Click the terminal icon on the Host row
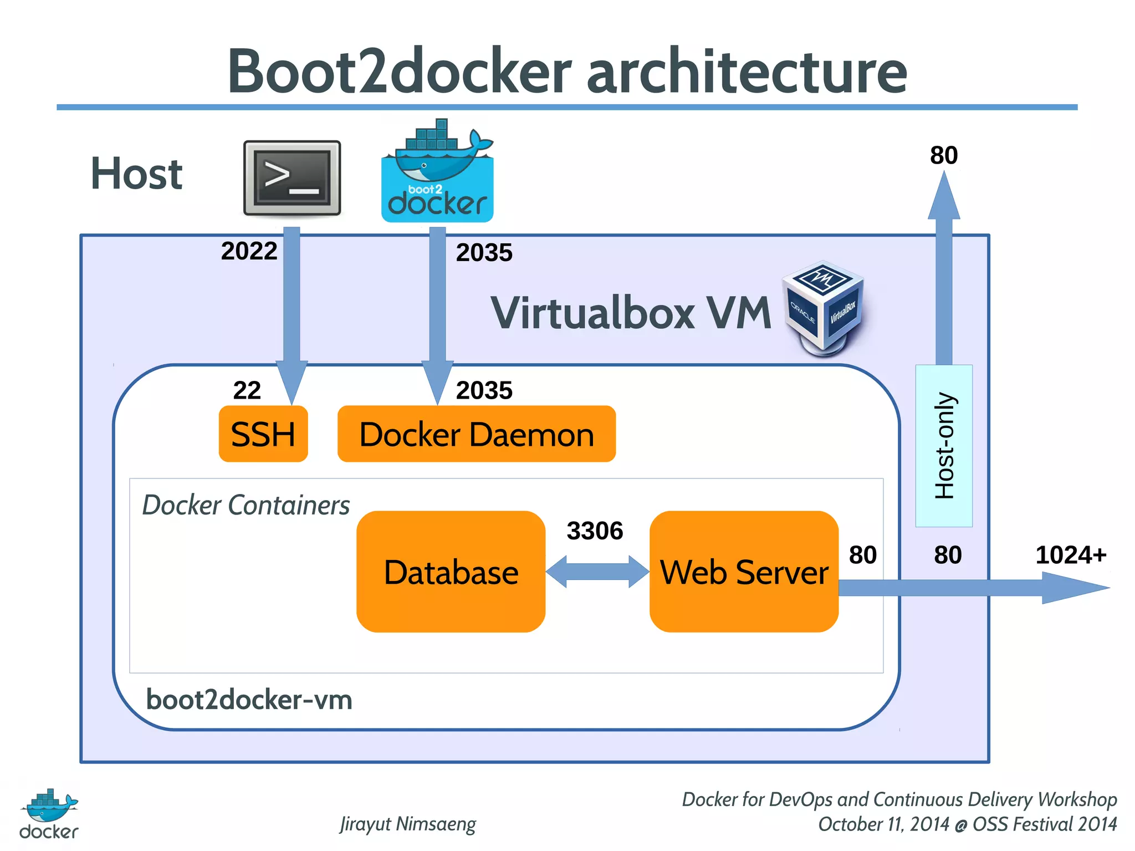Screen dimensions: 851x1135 (x=292, y=178)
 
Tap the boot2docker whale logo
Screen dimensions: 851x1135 (x=437, y=172)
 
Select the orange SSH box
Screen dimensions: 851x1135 (x=263, y=434)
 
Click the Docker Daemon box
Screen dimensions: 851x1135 (x=476, y=434)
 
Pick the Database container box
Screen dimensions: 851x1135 (x=451, y=572)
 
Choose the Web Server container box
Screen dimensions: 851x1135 (x=744, y=572)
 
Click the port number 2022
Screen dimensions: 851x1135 (x=249, y=251)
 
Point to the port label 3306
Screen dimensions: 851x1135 (x=595, y=531)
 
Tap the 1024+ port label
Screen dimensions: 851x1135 (x=1070, y=555)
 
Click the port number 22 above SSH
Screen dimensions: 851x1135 (x=247, y=390)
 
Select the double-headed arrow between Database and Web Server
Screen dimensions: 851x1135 (x=597, y=572)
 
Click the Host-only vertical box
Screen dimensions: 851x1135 (x=944, y=446)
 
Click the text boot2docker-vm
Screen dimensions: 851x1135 (x=249, y=700)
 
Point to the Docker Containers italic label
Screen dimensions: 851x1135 (x=246, y=505)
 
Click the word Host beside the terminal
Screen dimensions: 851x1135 (x=136, y=174)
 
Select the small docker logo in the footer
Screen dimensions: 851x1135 (x=49, y=813)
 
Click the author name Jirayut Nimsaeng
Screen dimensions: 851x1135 (x=408, y=824)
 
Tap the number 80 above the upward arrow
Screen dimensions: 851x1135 (x=943, y=155)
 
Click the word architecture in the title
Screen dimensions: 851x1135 (x=747, y=71)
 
